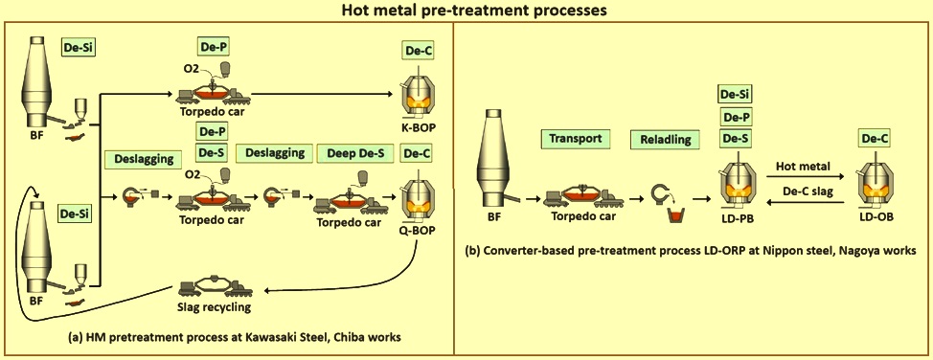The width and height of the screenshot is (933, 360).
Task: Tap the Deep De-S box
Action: coord(350,153)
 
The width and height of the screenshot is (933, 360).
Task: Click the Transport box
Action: coord(577,139)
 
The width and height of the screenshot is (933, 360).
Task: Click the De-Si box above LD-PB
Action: coord(736,94)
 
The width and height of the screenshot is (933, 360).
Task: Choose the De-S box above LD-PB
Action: coord(736,140)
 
